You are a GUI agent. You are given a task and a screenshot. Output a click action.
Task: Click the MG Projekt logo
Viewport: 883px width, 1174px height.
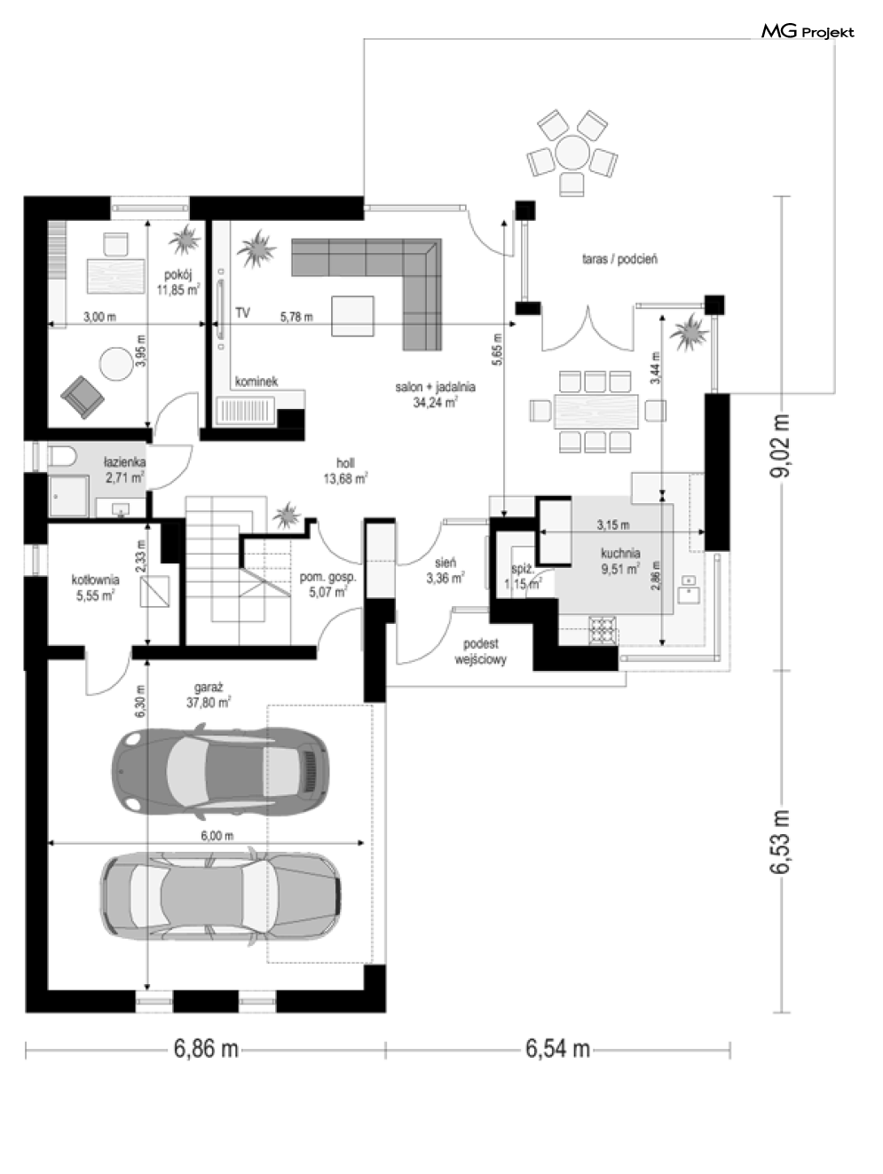click(808, 32)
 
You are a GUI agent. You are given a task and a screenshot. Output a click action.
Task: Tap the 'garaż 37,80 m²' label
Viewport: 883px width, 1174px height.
click(209, 695)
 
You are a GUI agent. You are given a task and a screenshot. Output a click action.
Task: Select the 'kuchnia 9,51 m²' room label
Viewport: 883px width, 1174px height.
click(620, 561)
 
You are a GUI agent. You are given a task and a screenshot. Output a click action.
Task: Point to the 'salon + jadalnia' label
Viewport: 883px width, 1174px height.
click(436, 387)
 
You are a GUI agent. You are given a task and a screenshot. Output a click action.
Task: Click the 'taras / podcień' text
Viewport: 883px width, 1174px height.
click(619, 259)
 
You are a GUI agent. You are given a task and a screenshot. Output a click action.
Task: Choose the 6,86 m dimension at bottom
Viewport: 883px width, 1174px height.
click(206, 1049)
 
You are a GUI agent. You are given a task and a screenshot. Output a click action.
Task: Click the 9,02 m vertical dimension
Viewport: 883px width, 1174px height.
click(782, 446)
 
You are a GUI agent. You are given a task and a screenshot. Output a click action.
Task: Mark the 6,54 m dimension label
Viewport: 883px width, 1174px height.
click(558, 1049)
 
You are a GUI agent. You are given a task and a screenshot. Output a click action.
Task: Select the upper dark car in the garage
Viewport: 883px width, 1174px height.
click(220, 771)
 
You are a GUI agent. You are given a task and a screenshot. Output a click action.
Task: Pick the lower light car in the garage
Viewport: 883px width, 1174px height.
click(220, 897)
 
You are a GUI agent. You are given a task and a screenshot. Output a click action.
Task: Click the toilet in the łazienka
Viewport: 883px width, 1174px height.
click(63, 457)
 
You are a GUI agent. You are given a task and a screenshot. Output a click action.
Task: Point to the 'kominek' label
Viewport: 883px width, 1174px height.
click(256, 382)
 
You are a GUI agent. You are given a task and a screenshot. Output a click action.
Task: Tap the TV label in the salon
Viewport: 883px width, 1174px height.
click(242, 313)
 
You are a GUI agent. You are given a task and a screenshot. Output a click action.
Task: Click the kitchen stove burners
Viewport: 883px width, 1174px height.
click(603, 630)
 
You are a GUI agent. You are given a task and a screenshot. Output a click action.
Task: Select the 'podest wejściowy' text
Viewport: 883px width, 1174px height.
click(481, 652)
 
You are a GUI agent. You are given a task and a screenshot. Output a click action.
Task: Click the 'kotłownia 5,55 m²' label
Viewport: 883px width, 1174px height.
click(95, 587)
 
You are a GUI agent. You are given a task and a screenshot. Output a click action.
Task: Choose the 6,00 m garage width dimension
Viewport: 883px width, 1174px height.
click(206, 844)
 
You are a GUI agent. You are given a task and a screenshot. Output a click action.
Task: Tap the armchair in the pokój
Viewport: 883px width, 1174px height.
click(83, 397)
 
